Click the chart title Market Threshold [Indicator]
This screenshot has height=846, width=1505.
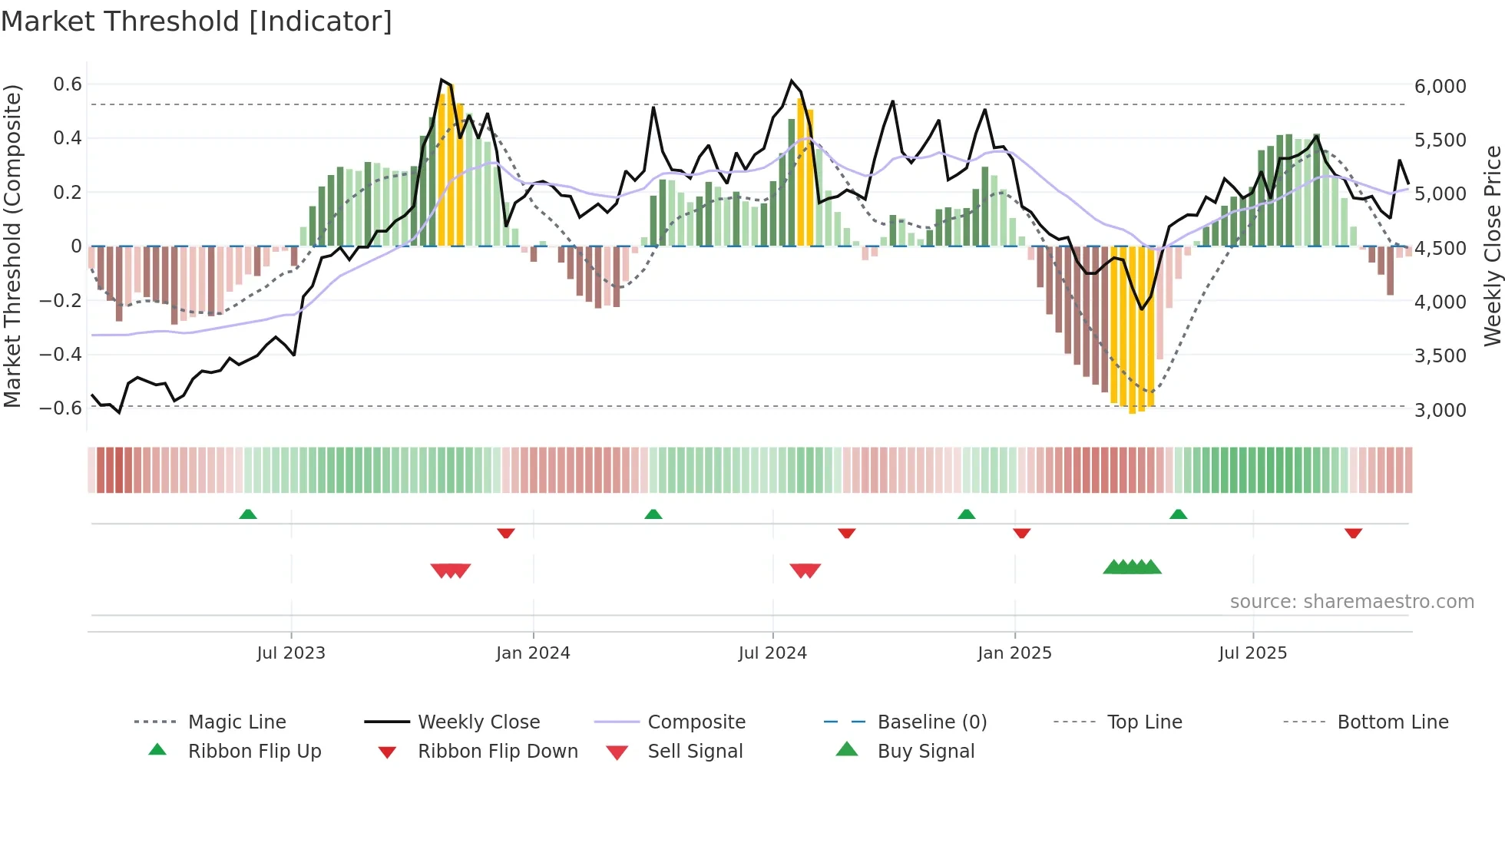tap(197, 21)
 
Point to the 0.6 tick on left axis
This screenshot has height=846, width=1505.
tap(68, 84)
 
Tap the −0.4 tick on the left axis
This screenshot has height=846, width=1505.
tap(61, 354)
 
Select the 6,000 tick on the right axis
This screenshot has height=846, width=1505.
tap(1440, 87)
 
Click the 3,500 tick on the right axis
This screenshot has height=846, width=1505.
tap(1440, 356)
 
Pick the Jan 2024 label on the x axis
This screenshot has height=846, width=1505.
tap(533, 653)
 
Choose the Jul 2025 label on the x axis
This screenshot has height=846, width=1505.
tap(1252, 653)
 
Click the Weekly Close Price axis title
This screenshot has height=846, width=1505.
tap(1492, 246)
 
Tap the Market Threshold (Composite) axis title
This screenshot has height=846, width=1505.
tap(12, 246)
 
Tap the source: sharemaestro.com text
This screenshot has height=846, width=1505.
tap(1351, 602)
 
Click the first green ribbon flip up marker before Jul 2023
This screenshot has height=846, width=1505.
tap(248, 514)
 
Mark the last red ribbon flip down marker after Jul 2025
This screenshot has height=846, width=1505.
tap(1353, 533)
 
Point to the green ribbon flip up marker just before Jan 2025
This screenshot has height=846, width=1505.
tap(967, 514)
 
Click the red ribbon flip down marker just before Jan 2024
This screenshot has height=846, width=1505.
tap(506, 533)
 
